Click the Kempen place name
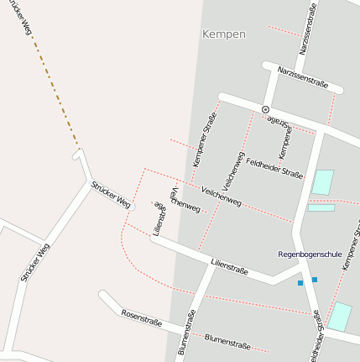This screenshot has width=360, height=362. click(x=224, y=34)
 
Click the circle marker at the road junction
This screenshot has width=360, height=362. click(x=265, y=109)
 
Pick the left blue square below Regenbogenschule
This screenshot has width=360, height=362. click(x=300, y=283)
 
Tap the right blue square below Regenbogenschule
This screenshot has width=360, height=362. click(x=315, y=279)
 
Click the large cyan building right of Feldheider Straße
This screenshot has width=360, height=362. click(x=322, y=182)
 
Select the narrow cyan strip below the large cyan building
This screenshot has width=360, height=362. click(x=321, y=207)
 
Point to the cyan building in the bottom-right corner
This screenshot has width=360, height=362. click(x=339, y=317)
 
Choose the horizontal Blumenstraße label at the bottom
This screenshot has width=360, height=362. click(x=227, y=341)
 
